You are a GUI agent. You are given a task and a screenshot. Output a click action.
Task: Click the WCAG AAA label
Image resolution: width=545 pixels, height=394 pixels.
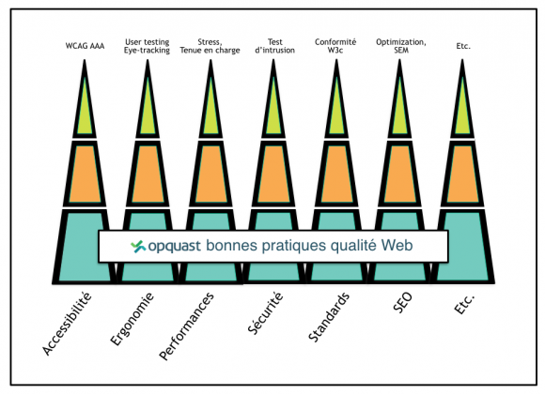point(85,46)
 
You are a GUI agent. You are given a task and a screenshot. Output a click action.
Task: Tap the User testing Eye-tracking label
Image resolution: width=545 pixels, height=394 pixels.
point(147,46)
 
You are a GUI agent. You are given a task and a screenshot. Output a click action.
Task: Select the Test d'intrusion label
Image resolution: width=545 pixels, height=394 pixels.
point(274,46)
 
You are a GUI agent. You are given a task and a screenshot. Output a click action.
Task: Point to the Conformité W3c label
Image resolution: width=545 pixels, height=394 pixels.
point(335,46)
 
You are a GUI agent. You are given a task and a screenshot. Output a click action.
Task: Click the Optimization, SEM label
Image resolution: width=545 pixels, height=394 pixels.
point(401,46)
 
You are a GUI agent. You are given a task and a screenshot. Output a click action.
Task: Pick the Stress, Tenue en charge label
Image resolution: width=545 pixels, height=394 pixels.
point(210,46)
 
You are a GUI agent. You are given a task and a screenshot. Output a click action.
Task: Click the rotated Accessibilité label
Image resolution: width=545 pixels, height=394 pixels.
point(67,324)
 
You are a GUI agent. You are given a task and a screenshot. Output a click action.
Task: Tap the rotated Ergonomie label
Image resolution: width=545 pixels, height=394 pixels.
point(132,319)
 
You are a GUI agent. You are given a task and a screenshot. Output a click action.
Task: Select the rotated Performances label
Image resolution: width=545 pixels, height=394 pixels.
point(186,326)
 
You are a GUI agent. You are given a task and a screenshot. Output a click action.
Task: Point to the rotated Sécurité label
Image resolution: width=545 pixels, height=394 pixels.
point(266,313)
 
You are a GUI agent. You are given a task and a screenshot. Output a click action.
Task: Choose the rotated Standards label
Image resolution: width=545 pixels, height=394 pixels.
point(329,317)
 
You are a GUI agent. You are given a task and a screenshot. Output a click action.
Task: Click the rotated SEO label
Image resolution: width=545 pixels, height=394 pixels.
point(403,302)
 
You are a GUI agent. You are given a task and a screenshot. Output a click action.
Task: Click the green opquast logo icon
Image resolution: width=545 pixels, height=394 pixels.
point(138,246)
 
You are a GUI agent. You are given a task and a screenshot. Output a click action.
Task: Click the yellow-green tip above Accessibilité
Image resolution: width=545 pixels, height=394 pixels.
point(85,111)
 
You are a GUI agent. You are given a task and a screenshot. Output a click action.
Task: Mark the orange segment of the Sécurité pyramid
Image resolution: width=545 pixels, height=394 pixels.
point(273,174)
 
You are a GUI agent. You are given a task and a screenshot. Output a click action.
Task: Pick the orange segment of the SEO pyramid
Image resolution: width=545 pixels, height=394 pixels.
point(399,174)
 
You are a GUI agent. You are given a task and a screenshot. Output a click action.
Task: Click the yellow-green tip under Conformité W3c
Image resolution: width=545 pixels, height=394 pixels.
point(336,111)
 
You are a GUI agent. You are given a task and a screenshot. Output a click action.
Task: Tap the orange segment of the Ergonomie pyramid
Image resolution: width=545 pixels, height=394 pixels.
point(148,174)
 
